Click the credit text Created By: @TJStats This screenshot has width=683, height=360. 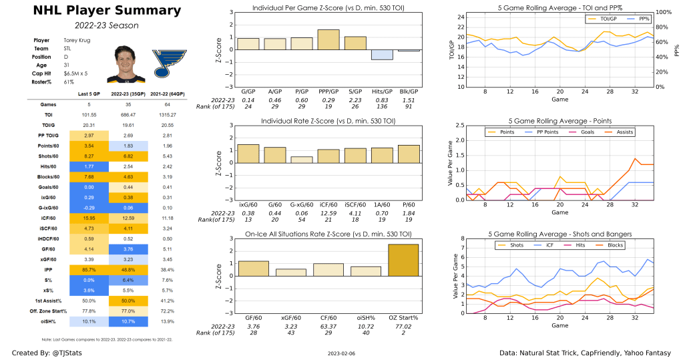(45, 352)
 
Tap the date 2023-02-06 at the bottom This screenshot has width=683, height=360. (341, 353)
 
